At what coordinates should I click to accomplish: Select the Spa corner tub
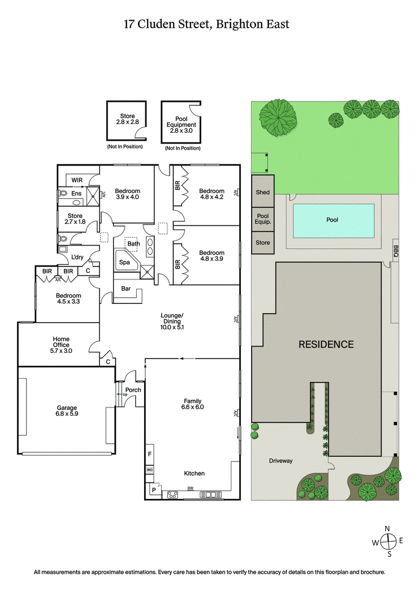[x=125, y=263]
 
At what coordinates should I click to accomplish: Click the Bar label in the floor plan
[x=125, y=289]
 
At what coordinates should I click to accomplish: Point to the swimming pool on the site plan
[x=333, y=220]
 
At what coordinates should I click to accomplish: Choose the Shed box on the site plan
[x=263, y=192]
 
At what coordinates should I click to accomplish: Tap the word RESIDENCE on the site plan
[x=326, y=344]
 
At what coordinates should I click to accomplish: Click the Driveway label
[x=281, y=460]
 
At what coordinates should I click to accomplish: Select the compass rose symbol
[x=387, y=542]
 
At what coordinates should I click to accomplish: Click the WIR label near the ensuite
[x=77, y=180]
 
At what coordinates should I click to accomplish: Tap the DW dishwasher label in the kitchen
[x=190, y=488]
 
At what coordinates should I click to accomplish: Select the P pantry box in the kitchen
[x=154, y=490]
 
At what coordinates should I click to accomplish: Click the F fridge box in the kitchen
[x=150, y=454]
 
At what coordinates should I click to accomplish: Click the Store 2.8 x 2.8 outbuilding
[x=127, y=120]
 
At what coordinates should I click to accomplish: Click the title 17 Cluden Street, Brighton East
[x=206, y=24]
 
